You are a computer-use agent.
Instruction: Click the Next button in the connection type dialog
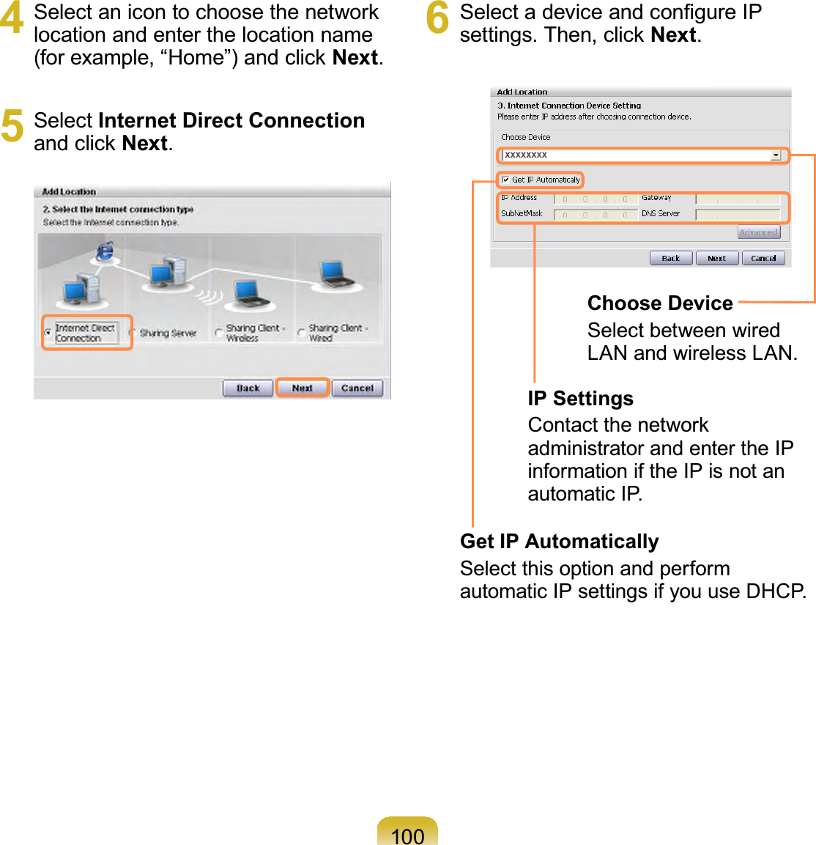302,388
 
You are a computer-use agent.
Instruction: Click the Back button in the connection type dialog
248,388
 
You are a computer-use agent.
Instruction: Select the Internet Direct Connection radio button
48,333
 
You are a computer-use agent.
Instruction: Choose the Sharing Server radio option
132,333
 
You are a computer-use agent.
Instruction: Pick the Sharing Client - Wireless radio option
218,333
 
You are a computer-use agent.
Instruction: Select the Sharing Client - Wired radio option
301,333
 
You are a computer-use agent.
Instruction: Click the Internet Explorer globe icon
105,251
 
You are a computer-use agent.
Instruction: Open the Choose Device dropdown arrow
776,155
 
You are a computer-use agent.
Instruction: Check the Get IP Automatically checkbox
505,180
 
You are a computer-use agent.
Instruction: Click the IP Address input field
595,199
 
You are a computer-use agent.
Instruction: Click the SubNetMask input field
595,215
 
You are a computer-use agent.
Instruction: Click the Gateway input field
737,199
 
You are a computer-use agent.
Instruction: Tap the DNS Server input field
737,215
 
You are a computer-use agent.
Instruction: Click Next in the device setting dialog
716,258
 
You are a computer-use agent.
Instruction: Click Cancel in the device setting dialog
763,258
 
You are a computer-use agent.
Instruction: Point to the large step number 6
437,19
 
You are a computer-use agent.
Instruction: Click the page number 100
407,835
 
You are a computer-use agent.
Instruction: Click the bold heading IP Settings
580,399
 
